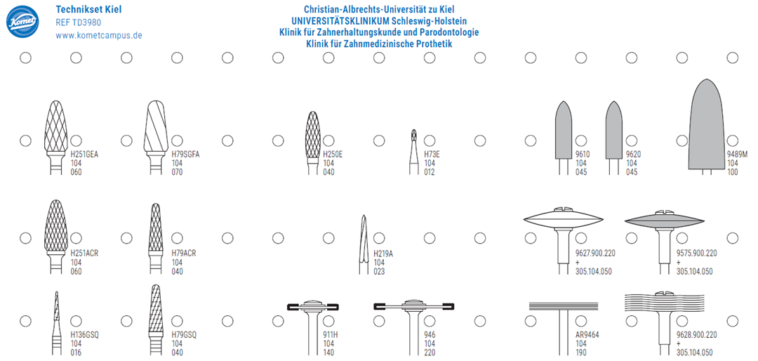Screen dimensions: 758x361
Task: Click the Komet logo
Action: coord(22,22)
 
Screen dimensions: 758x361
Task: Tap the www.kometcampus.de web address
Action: coord(99,35)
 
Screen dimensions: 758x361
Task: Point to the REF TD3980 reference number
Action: coord(79,22)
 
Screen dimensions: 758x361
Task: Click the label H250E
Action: coord(333,155)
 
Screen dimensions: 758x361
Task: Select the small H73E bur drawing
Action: coord(413,152)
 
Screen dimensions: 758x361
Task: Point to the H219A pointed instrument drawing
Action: coord(364,244)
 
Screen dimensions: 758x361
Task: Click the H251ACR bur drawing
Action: coord(55,236)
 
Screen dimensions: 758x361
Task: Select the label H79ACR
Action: coord(184,253)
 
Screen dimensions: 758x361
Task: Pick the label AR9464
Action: coord(587,335)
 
